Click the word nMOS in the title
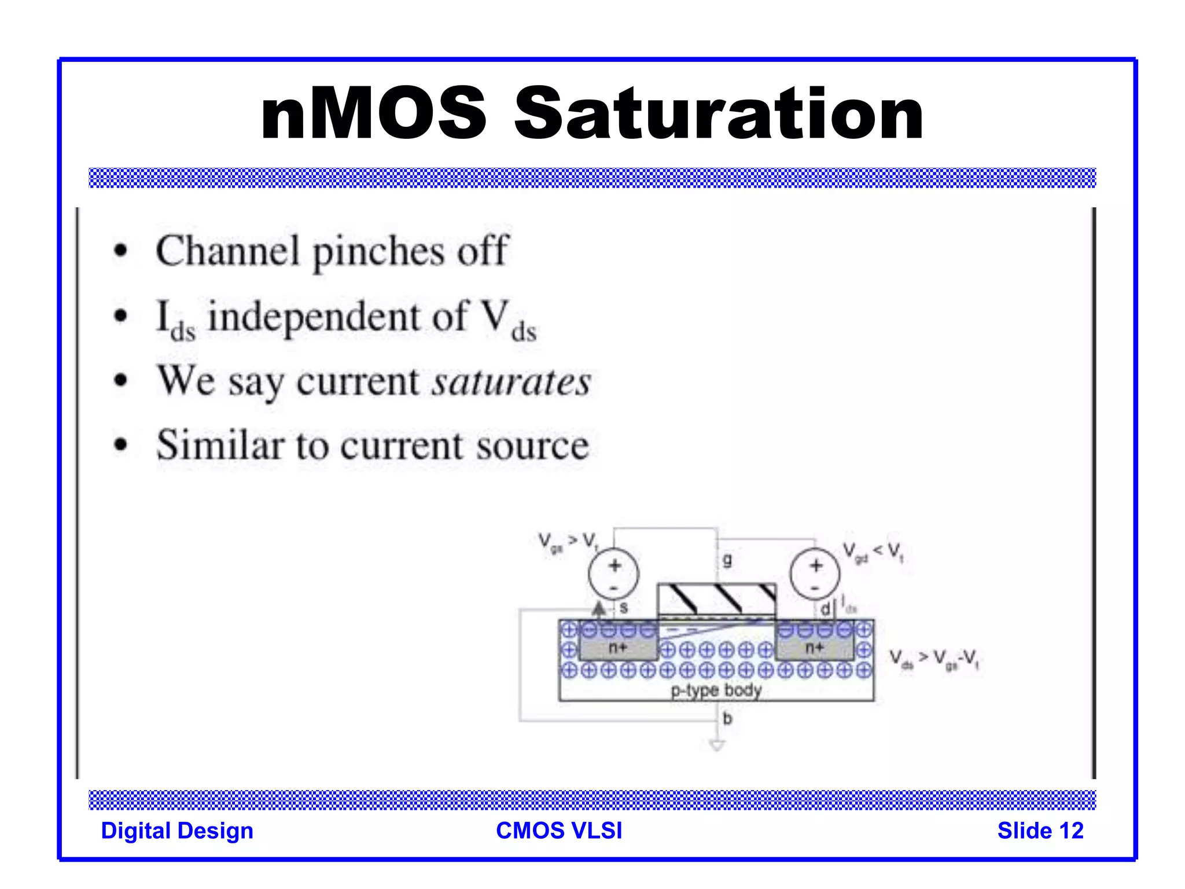pos(373,113)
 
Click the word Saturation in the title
pos(719,113)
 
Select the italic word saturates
pos(511,382)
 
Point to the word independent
pos(338,317)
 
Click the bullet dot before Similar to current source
pos(120,445)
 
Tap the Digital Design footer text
pos(177,831)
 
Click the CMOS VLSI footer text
pos(559,831)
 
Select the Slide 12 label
pos(1040,831)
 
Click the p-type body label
pos(716,690)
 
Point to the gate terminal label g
pos(727,559)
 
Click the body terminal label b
pos(727,718)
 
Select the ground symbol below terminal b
pos(717,745)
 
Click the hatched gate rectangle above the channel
pos(716,598)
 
